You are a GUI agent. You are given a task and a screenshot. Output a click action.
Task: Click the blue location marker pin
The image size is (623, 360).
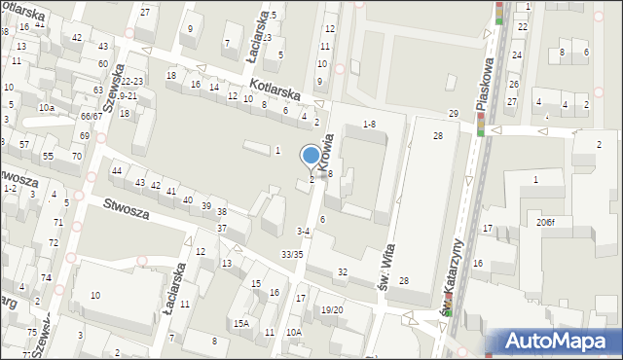[x=311, y=157]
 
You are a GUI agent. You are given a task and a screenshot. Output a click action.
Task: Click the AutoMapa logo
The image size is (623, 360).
[x=560, y=342]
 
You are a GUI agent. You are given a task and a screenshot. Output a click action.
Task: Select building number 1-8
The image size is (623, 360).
[x=369, y=124]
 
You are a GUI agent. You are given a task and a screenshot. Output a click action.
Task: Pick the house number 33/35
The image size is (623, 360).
[x=292, y=254]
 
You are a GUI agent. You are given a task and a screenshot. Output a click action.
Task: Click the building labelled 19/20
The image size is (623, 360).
[x=332, y=309]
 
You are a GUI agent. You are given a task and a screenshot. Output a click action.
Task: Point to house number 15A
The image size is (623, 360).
[x=240, y=323]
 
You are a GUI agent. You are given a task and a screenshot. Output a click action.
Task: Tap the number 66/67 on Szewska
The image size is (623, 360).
[x=92, y=117]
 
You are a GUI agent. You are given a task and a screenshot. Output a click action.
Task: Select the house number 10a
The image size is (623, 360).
[x=46, y=107]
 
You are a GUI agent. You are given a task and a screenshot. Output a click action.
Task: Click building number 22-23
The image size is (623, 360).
[x=132, y=82]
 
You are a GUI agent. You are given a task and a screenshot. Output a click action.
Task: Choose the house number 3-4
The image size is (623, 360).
[x=303, y=232]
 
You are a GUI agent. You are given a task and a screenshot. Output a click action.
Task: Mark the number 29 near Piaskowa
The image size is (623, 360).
[x=453, y=114]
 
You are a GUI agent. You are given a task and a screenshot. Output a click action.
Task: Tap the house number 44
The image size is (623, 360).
[x=117, y=171]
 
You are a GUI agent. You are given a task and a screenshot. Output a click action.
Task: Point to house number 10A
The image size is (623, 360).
[x=294, y=332]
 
